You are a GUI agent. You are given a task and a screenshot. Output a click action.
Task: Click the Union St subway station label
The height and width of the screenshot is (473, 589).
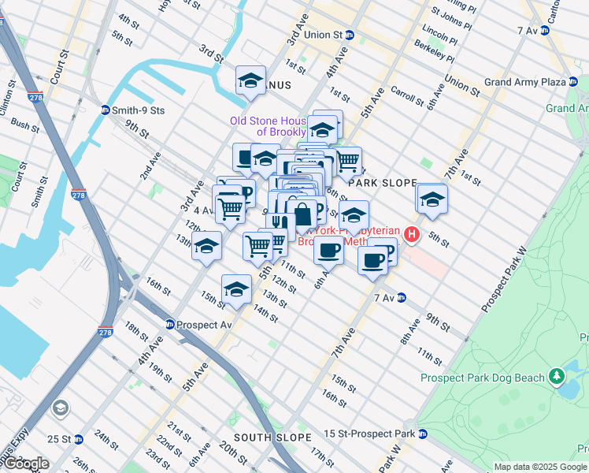point(329,35)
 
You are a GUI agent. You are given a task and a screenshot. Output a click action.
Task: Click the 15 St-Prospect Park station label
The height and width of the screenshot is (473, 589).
point(375,434)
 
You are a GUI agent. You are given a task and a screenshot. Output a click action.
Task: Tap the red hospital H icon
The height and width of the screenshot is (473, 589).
point(410,234)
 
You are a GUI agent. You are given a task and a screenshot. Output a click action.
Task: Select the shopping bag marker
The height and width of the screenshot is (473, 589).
point(303,213)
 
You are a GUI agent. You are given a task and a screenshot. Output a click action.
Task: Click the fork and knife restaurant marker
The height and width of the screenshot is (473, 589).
point(280,224)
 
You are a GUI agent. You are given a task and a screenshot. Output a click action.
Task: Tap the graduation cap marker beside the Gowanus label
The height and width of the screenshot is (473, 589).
point(250,80)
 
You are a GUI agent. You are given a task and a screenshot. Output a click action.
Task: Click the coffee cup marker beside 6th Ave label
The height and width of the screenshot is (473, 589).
point(328,250)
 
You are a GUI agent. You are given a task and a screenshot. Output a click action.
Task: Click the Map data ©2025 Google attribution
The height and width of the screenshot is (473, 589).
point(540,467)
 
